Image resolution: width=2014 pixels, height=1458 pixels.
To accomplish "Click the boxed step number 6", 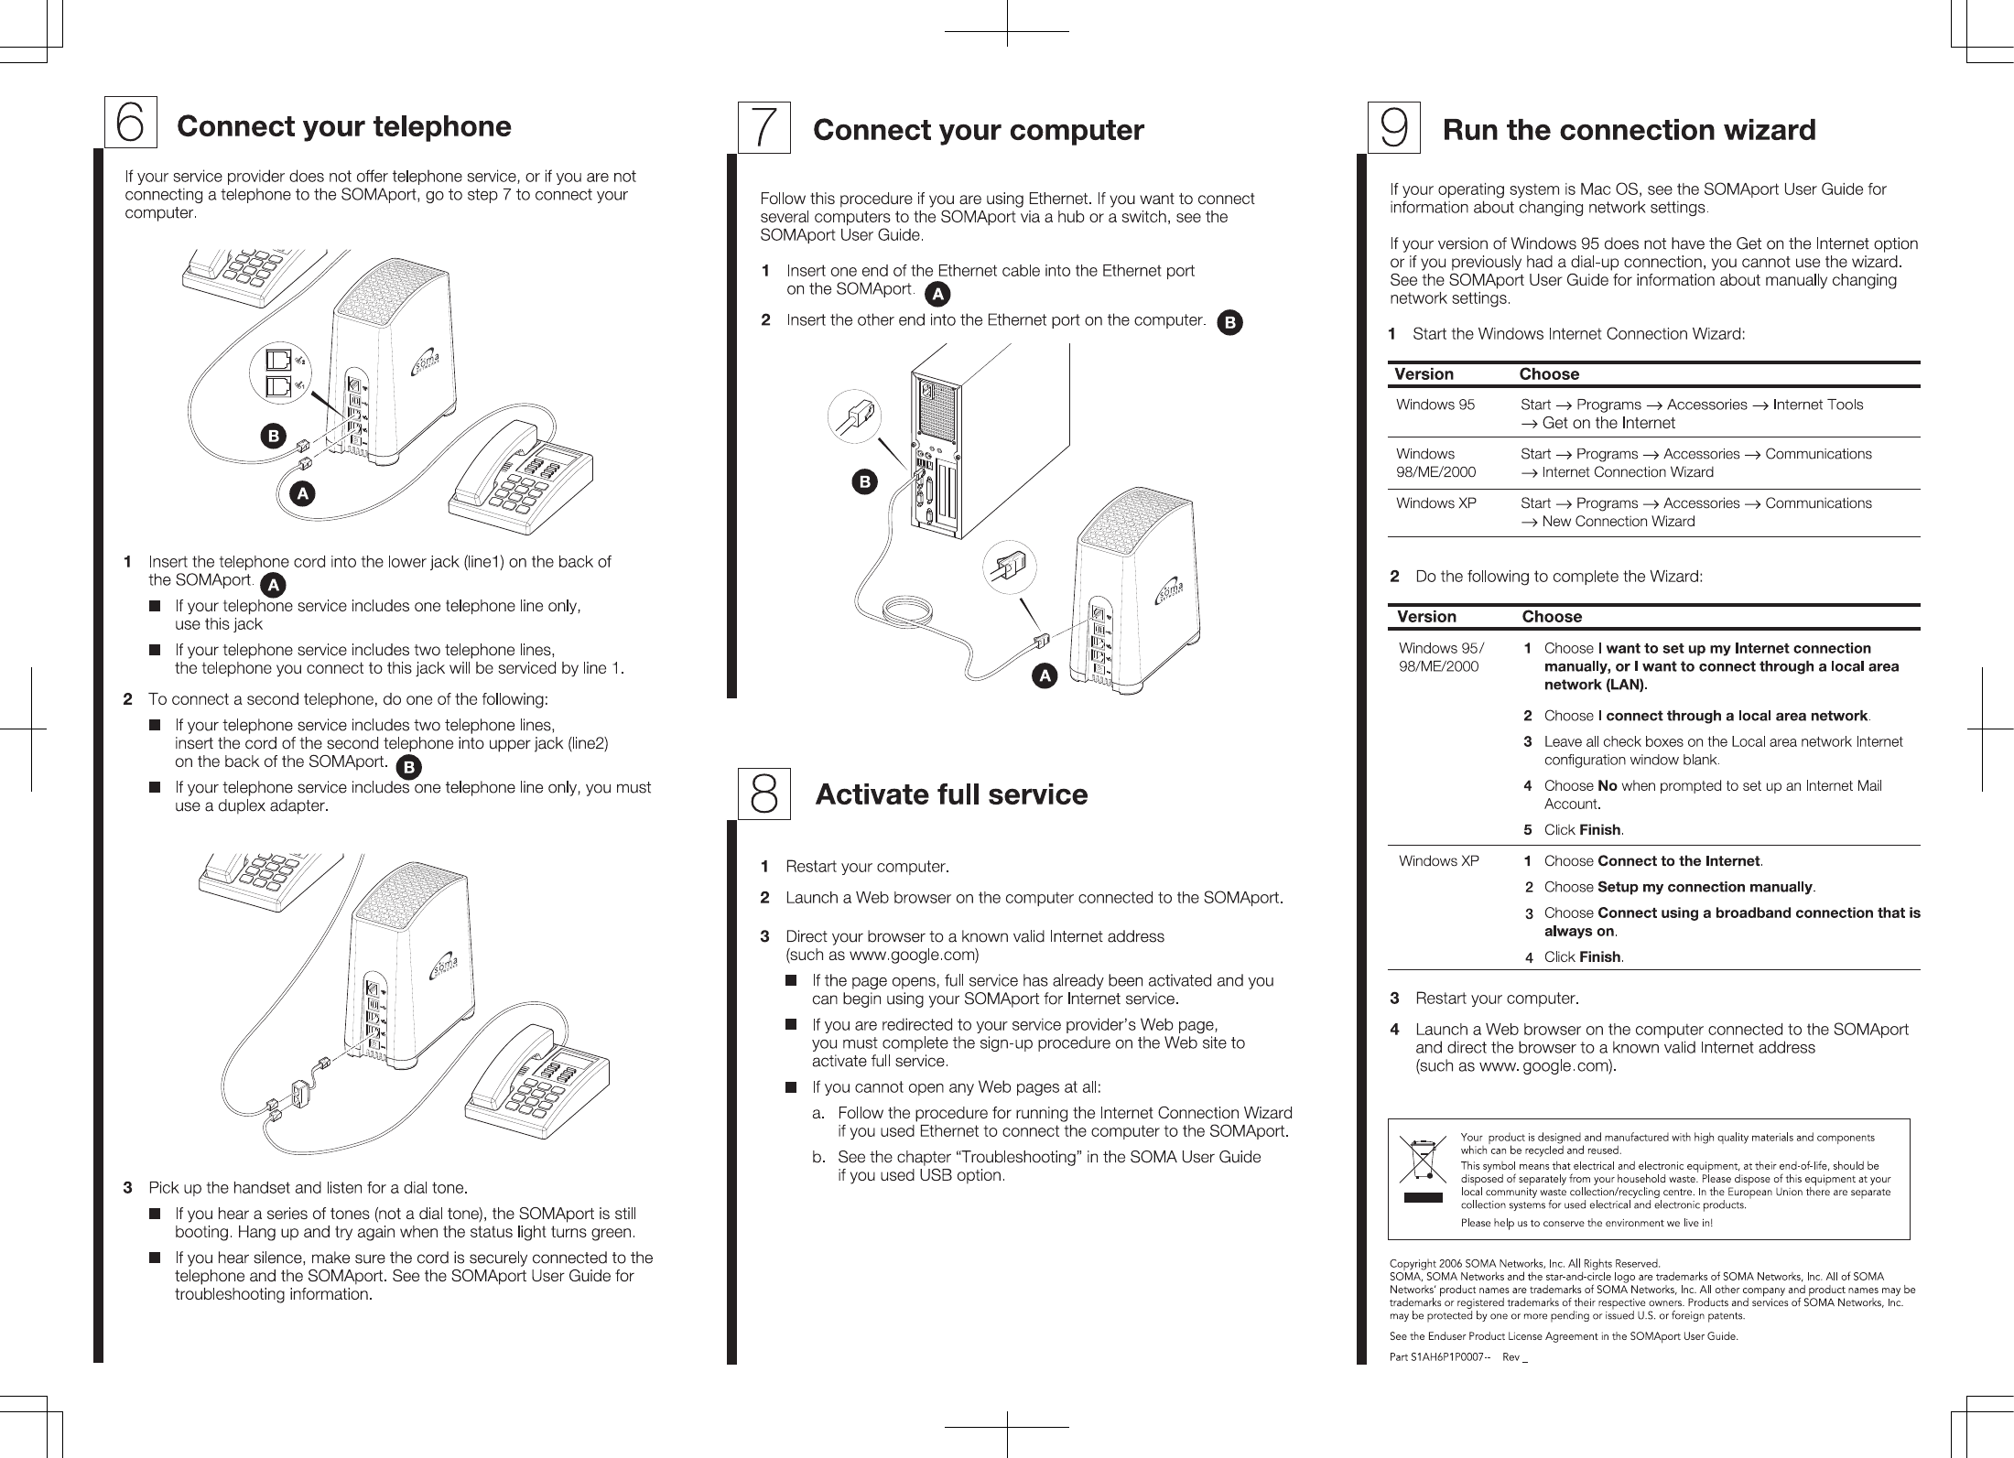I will (x=130, y=122).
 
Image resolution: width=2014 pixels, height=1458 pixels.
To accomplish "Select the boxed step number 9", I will (x=1394, y=128).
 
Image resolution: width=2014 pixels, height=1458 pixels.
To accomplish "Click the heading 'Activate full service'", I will (x=951, y=794).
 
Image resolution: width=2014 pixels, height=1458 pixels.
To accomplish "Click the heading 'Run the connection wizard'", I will (x=1629, y=131).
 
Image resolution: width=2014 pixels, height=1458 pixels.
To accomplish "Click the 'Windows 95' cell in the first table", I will (x=1435, y=405).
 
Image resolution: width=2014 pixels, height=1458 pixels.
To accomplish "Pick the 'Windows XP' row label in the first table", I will (x=1435, y=503).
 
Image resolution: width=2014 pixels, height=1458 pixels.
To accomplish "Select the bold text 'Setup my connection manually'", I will (x=1705, y=887).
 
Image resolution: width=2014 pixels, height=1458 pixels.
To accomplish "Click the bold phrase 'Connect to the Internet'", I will (x=1678, y=861).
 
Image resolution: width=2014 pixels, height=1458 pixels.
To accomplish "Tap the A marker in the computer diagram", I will (x=1043, y=676).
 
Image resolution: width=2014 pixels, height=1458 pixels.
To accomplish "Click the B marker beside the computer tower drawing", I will (x=863, y=481).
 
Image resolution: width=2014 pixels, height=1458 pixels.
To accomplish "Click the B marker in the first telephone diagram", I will (x=272, y=436).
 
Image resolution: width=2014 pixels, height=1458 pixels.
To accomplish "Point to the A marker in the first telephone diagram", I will (x=300, y=493).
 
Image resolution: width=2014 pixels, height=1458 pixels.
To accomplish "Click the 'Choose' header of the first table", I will (x=1548, y=374).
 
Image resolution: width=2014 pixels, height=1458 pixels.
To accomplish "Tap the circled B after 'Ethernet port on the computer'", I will (x=1231, y=322).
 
